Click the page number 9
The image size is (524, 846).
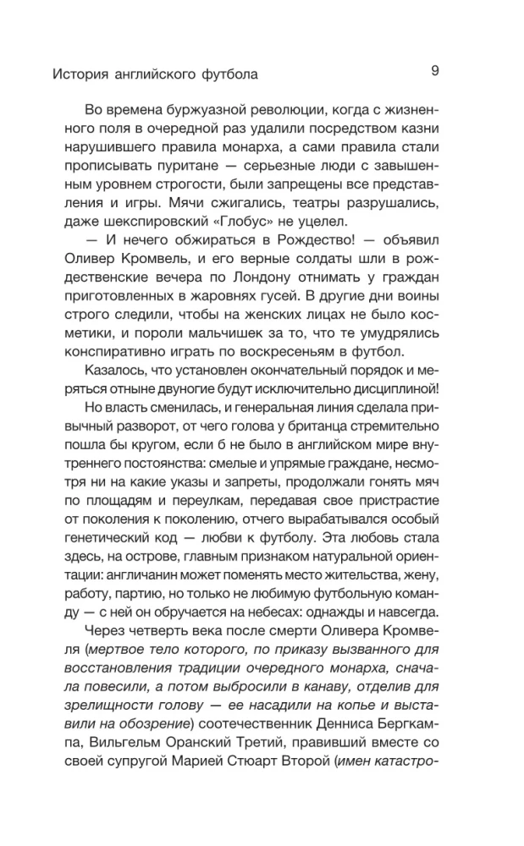(434, 71)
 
